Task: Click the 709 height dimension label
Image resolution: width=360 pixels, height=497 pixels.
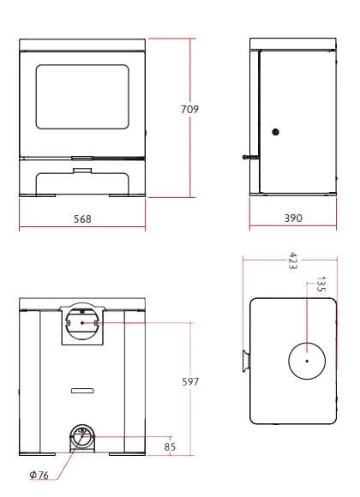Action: click(189, 110)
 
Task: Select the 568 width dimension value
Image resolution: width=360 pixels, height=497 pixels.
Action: click(82, 219)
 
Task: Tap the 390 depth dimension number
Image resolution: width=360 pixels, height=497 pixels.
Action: click(293, 219)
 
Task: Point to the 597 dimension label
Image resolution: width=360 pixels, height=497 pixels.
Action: click(190, 382)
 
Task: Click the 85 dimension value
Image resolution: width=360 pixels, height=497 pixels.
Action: click(170, 446)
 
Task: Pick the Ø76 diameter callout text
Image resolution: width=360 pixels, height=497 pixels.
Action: click(39, 475)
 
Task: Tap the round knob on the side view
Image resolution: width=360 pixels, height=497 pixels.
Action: click(275, 132)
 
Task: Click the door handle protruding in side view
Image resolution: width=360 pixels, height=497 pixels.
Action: click(247, 158)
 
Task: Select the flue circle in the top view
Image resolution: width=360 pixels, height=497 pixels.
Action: click(306, 361)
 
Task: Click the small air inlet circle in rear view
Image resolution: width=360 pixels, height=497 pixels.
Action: click(83, 436)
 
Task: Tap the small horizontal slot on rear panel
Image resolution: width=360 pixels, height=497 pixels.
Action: click(82, 390)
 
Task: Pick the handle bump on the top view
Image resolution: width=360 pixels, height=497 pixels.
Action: click(245, 361)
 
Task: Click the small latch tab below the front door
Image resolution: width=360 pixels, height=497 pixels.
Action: click(82, 170)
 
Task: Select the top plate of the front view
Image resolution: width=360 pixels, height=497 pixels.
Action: click(82, 43)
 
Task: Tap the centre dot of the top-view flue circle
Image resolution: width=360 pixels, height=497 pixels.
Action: click(306, 361)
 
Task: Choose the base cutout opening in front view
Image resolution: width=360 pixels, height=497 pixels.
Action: click(82, 183)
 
